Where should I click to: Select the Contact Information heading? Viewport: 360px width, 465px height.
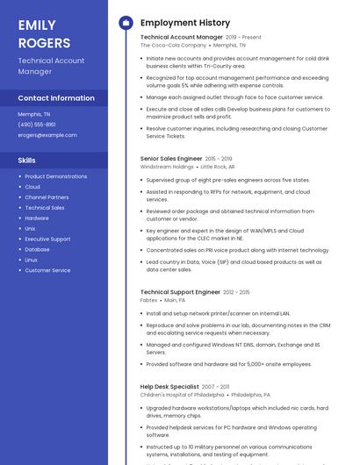(56, 98)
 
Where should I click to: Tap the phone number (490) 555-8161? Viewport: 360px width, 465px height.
(37, 125)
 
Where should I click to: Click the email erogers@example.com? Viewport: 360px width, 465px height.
(47, 135)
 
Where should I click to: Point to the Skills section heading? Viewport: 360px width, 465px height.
(27, 161)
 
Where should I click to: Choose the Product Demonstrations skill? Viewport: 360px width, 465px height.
(55, 176)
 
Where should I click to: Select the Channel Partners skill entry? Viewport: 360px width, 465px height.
(47, 197)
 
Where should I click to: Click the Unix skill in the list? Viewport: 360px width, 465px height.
(31, 228)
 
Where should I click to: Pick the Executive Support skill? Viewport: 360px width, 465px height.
(47, 239)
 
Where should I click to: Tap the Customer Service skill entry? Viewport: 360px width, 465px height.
(47, 270)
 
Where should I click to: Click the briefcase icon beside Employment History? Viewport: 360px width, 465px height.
(126, 22)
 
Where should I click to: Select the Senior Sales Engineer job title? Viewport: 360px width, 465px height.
(171, 159)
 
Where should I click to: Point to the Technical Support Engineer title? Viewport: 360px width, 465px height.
(180, 291)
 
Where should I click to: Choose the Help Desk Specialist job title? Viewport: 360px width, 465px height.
(169, 387)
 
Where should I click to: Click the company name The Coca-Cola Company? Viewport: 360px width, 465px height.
(173, 45)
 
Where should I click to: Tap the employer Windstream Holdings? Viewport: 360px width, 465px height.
(167, 166)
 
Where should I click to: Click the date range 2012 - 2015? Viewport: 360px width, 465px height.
(237, 291)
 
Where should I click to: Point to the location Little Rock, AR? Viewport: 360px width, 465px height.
(218, 166)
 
